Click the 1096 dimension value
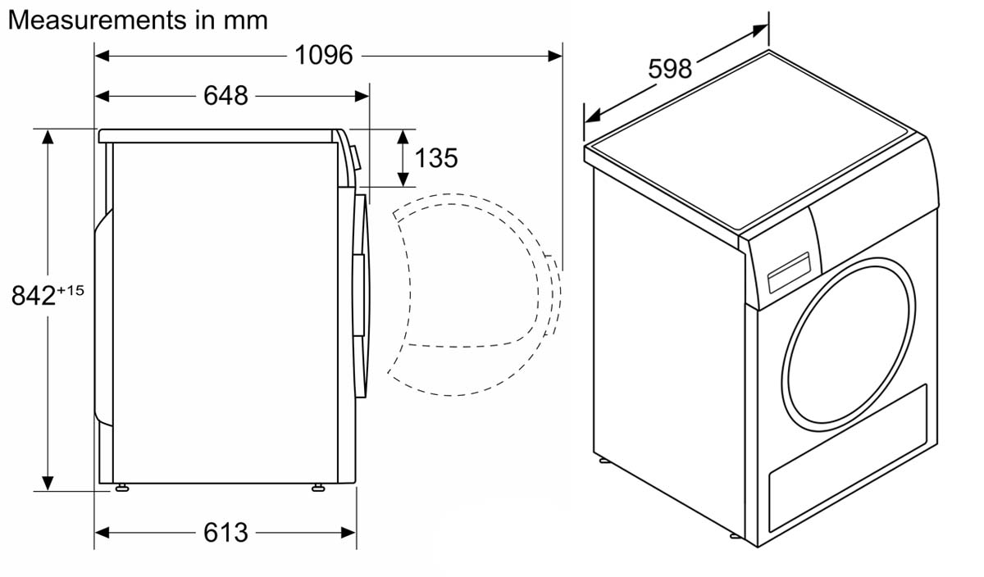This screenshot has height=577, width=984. click(324, 56)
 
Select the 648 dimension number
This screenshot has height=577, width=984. click(225, 95)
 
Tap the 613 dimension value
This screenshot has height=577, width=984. click(225, 532)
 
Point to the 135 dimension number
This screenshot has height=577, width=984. click(436, 157)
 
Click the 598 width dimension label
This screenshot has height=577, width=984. click(670, 69)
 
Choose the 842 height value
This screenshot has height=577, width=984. click(34, 295)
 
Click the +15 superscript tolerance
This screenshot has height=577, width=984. click(71, 290)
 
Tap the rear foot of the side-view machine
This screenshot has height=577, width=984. click(121, 488)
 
